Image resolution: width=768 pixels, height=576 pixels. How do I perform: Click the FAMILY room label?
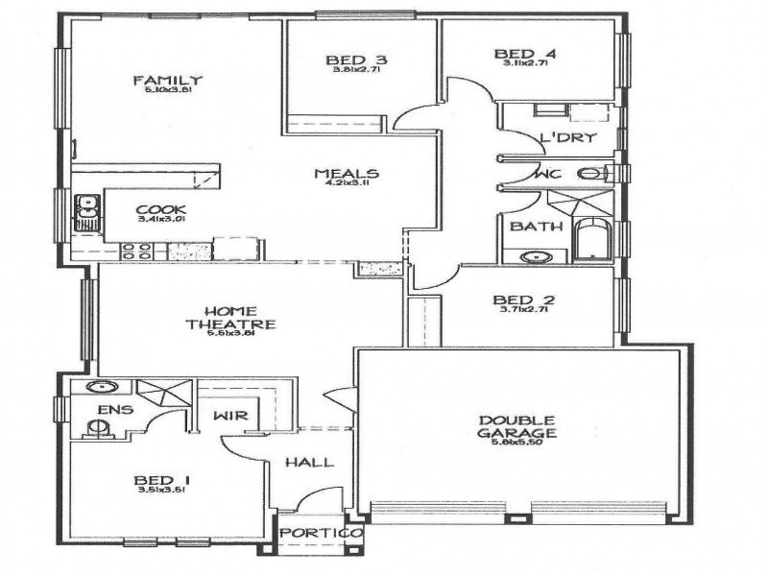(x=167, y=80)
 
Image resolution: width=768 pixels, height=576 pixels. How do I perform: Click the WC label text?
(x=548, y=175)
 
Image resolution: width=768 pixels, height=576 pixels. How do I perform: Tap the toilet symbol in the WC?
(x=591, y=174)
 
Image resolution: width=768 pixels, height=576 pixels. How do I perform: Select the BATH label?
(x=530, y=228)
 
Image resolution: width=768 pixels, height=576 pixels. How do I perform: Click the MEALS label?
(x=348, y=174)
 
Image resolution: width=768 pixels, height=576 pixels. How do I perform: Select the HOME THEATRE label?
(x=229, y=318)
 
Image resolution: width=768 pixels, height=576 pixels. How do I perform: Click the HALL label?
(x=309, y=463)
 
